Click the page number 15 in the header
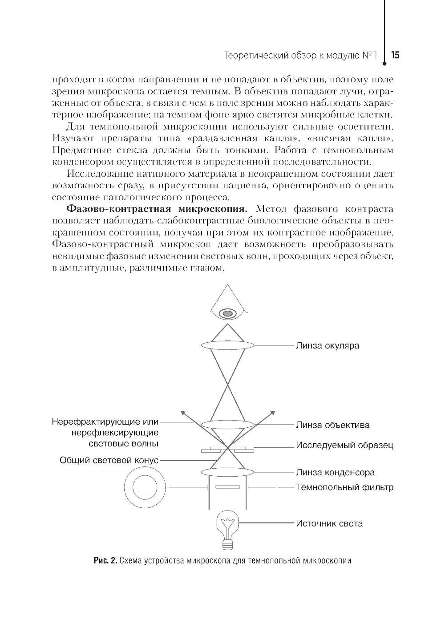click(x=395, y=56)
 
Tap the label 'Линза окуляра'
click(x=328, y=345)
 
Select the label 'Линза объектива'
click(x=333, y=425)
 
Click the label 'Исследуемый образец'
click(x=345, y=445)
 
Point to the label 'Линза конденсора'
click(x=336, y=472)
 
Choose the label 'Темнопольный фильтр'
click(x=345, y=487)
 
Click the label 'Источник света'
click(x=329, y=523)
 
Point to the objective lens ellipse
click(x=227, y=424)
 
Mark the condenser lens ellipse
click(x=227, y=472)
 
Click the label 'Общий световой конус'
click(x=109, y=460)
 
